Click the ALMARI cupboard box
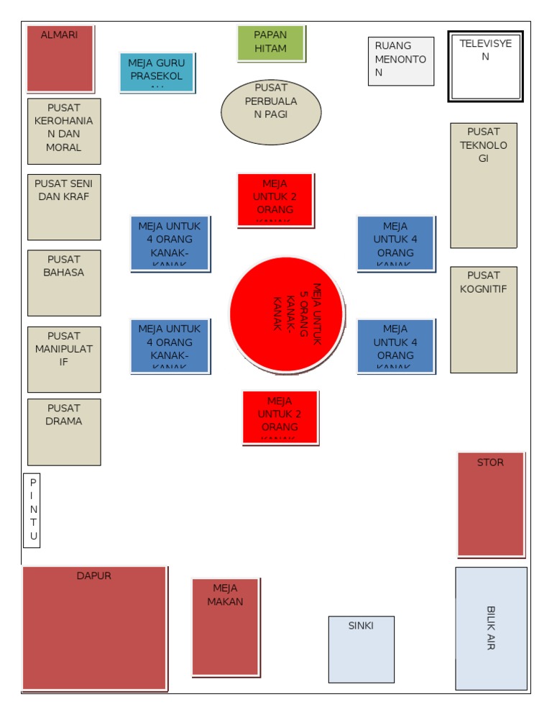pyautogui.click(x=60, y=59)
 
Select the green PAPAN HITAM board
pyautogui.click(x=270, y=43)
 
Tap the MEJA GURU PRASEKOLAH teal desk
pyautogui.click(x=156, y=72)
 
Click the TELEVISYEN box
pyautogui.click(x=485, y=65)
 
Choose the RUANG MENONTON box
pyautogui.click(x=401, y=61)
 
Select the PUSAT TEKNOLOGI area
pyautogui.click(x=483, y=186)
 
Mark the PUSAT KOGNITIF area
pyautogui.click(x=483, y=319)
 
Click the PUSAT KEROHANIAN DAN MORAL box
pyautogui.click(x=64, y=131)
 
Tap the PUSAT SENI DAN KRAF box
pyautogui.click(x=64, y=207)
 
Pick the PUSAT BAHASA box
pyautogui.click(x=64, y=283)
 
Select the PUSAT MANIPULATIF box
pyautogui.click(x=64, y=359)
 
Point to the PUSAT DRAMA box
pyautogui.click(x=64, y=432)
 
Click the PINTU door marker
pyautogui.click(x=32, y=510)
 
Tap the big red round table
pyautogui.click(x=287, y=314)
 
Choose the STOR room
pyautogui.click(x=491, y=504)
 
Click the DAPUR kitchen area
pyautogui.click(x=94, y=628)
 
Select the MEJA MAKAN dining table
pyautogui.click(x=225, y=627)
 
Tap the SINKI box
pyautogui.click(x=361, y=649)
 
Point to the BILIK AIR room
pyautogui.click(x=491, y=628)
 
